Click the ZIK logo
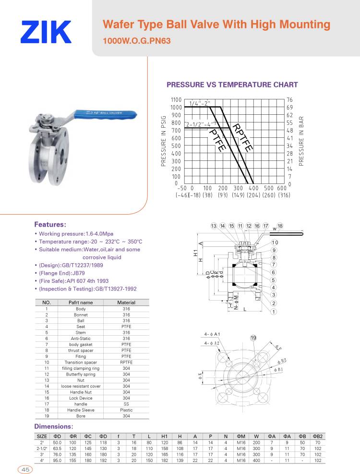click(46, 32)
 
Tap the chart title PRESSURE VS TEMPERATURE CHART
click(232, 85)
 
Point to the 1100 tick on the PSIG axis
click(176, 99)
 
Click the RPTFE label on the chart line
click(243, 137)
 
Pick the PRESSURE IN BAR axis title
click(302, 141)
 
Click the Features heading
click(50, 224)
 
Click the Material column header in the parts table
click(126, 303)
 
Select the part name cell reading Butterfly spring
click(81, 374)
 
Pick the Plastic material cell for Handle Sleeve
click(126, 410)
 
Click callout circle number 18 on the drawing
click(280, 226)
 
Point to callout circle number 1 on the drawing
click(274, 312)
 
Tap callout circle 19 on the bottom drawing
click(253, 338)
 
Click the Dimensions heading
click(53, 426)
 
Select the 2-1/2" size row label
click(41, 448)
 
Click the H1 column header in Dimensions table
click(164, 436)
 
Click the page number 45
click(24, 469)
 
